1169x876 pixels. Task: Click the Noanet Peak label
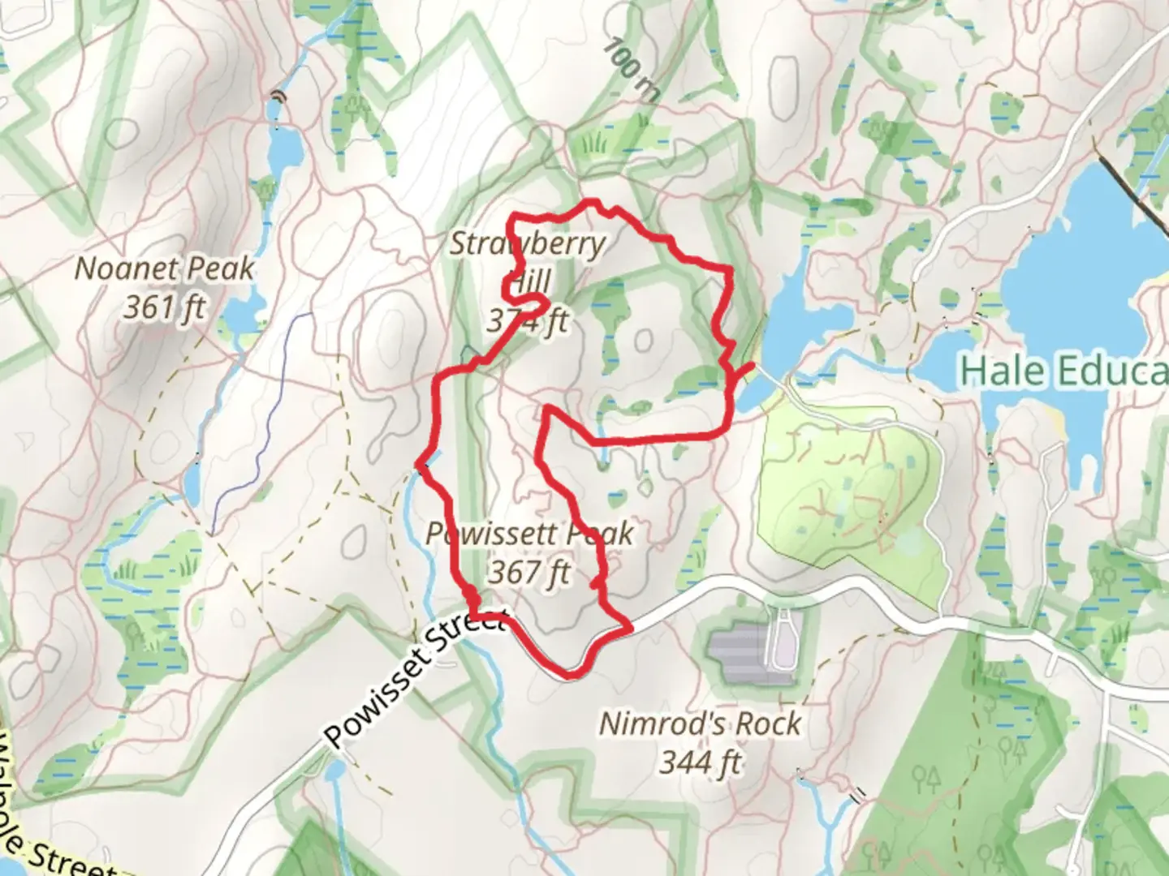(164, 269)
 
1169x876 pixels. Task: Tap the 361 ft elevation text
(164, 307)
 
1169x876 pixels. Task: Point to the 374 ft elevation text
(528, 322)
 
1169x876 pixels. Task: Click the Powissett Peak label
(529, 534)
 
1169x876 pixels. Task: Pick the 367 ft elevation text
(529, 573)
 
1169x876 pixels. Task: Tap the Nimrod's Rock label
(700, 724)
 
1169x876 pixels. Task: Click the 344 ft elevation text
(700, 762)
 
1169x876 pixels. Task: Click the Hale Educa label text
(1063, 371)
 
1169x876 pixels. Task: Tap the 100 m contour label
(631, 70)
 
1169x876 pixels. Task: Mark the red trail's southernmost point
(572, 673)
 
